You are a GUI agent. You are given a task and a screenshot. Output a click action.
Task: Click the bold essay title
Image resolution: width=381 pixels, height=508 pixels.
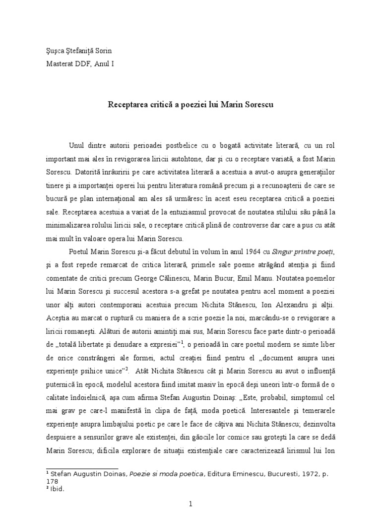pyautogui.click(x=190, y=105)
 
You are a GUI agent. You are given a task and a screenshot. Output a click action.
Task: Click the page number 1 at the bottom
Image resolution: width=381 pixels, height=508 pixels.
pyautogui.click(x=190, y=504)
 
